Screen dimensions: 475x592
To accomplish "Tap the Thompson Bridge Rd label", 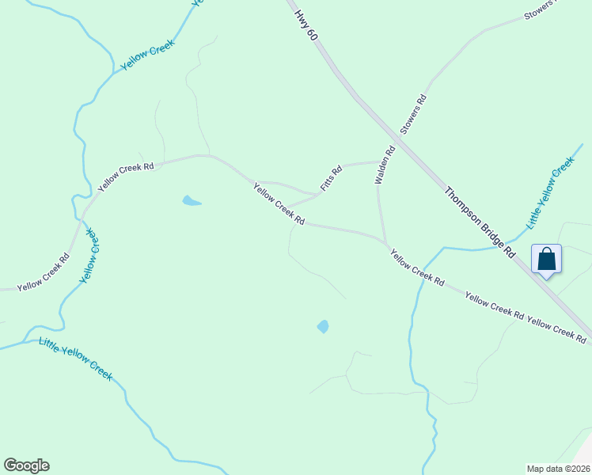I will click(x=480, y=222).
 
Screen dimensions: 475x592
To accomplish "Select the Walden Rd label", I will click(x=385, y=165).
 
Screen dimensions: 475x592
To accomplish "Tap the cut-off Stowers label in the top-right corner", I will click(x=541, y=9).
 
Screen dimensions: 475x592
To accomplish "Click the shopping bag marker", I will click(x=546, y=259).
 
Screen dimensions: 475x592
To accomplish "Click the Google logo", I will click(x=26, y=465).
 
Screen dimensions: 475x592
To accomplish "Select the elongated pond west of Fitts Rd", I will click(x=192, y=201).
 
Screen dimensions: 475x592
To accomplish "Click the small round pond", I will click(x=323, y=326).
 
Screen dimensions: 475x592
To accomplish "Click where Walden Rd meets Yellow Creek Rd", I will click(x=385, y=241).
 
